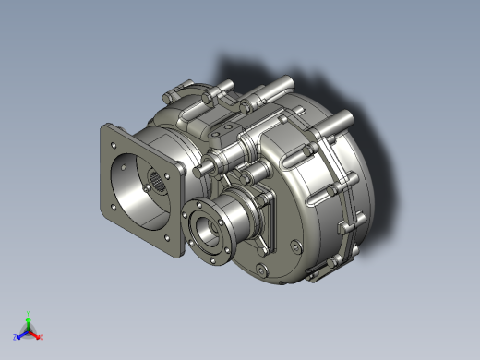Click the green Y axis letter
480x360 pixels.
click(30, 313)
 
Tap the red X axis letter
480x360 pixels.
click(42, 336)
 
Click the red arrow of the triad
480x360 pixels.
click(37, 333)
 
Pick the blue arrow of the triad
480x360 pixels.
click(22, 333)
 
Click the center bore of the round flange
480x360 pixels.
click(205, 229)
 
